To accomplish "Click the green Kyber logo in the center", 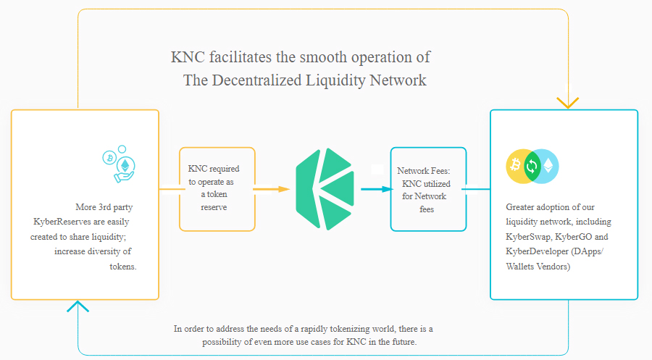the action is point(325,189).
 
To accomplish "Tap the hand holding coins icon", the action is point(120,164).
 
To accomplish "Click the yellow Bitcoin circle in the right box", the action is point(517,167).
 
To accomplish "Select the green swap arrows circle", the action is point(532,167).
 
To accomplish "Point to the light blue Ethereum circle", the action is point(547,167).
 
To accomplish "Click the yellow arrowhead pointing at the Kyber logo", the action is point(284,189).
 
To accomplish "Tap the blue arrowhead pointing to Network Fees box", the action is point(387,189).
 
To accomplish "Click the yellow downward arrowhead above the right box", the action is point(567,102).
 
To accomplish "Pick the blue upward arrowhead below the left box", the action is point(78,306).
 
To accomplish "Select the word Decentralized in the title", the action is point(256,80).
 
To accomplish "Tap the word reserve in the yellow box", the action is point(214,207).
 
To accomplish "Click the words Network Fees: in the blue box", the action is point(423,170).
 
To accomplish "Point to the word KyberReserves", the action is point(62,222).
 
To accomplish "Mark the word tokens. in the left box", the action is point(123,267).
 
